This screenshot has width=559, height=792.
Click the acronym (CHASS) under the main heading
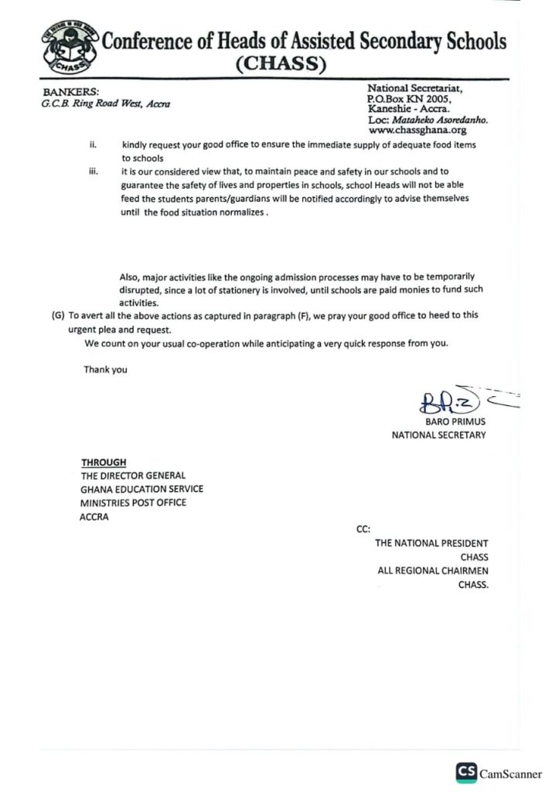pos(281,65)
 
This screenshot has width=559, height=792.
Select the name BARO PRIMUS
pos(455,422)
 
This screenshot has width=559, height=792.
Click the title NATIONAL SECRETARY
pos(438,435)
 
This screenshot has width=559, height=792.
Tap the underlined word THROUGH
pos(104,463)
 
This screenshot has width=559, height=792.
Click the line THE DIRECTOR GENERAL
pos(133,476)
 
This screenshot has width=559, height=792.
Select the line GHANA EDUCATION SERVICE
pos(141,490)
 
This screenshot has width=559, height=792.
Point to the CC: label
pos(363,529)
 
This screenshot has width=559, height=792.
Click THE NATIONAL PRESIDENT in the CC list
pos(431,543)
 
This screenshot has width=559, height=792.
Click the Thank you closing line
pos(106,370)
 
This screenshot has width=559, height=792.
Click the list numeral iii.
pos(94,172)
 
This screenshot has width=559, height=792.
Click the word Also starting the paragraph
pos(129,276)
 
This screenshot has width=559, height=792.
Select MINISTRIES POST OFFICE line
pos(133,503)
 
